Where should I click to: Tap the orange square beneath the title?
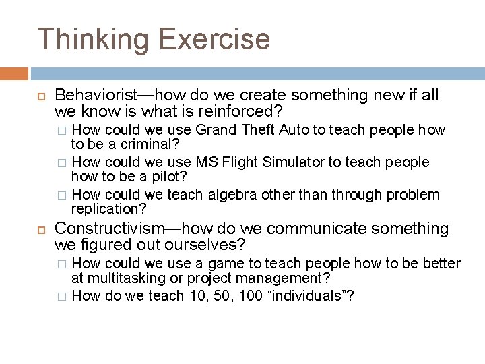[x=14, y=73]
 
